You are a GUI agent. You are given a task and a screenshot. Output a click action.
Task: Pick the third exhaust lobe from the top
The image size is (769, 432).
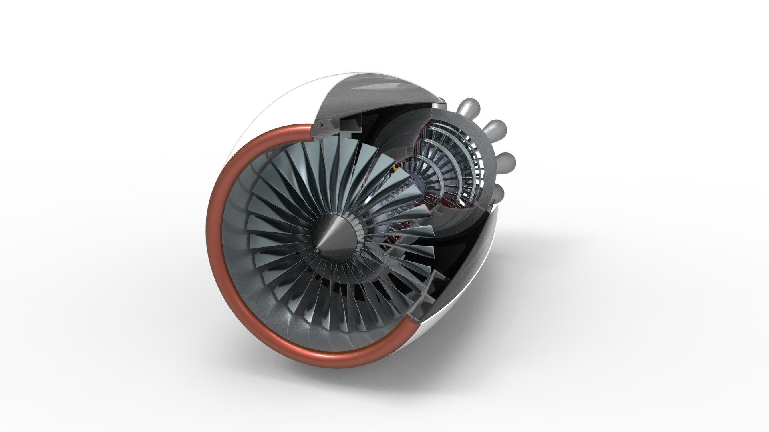tap(506, 161)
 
